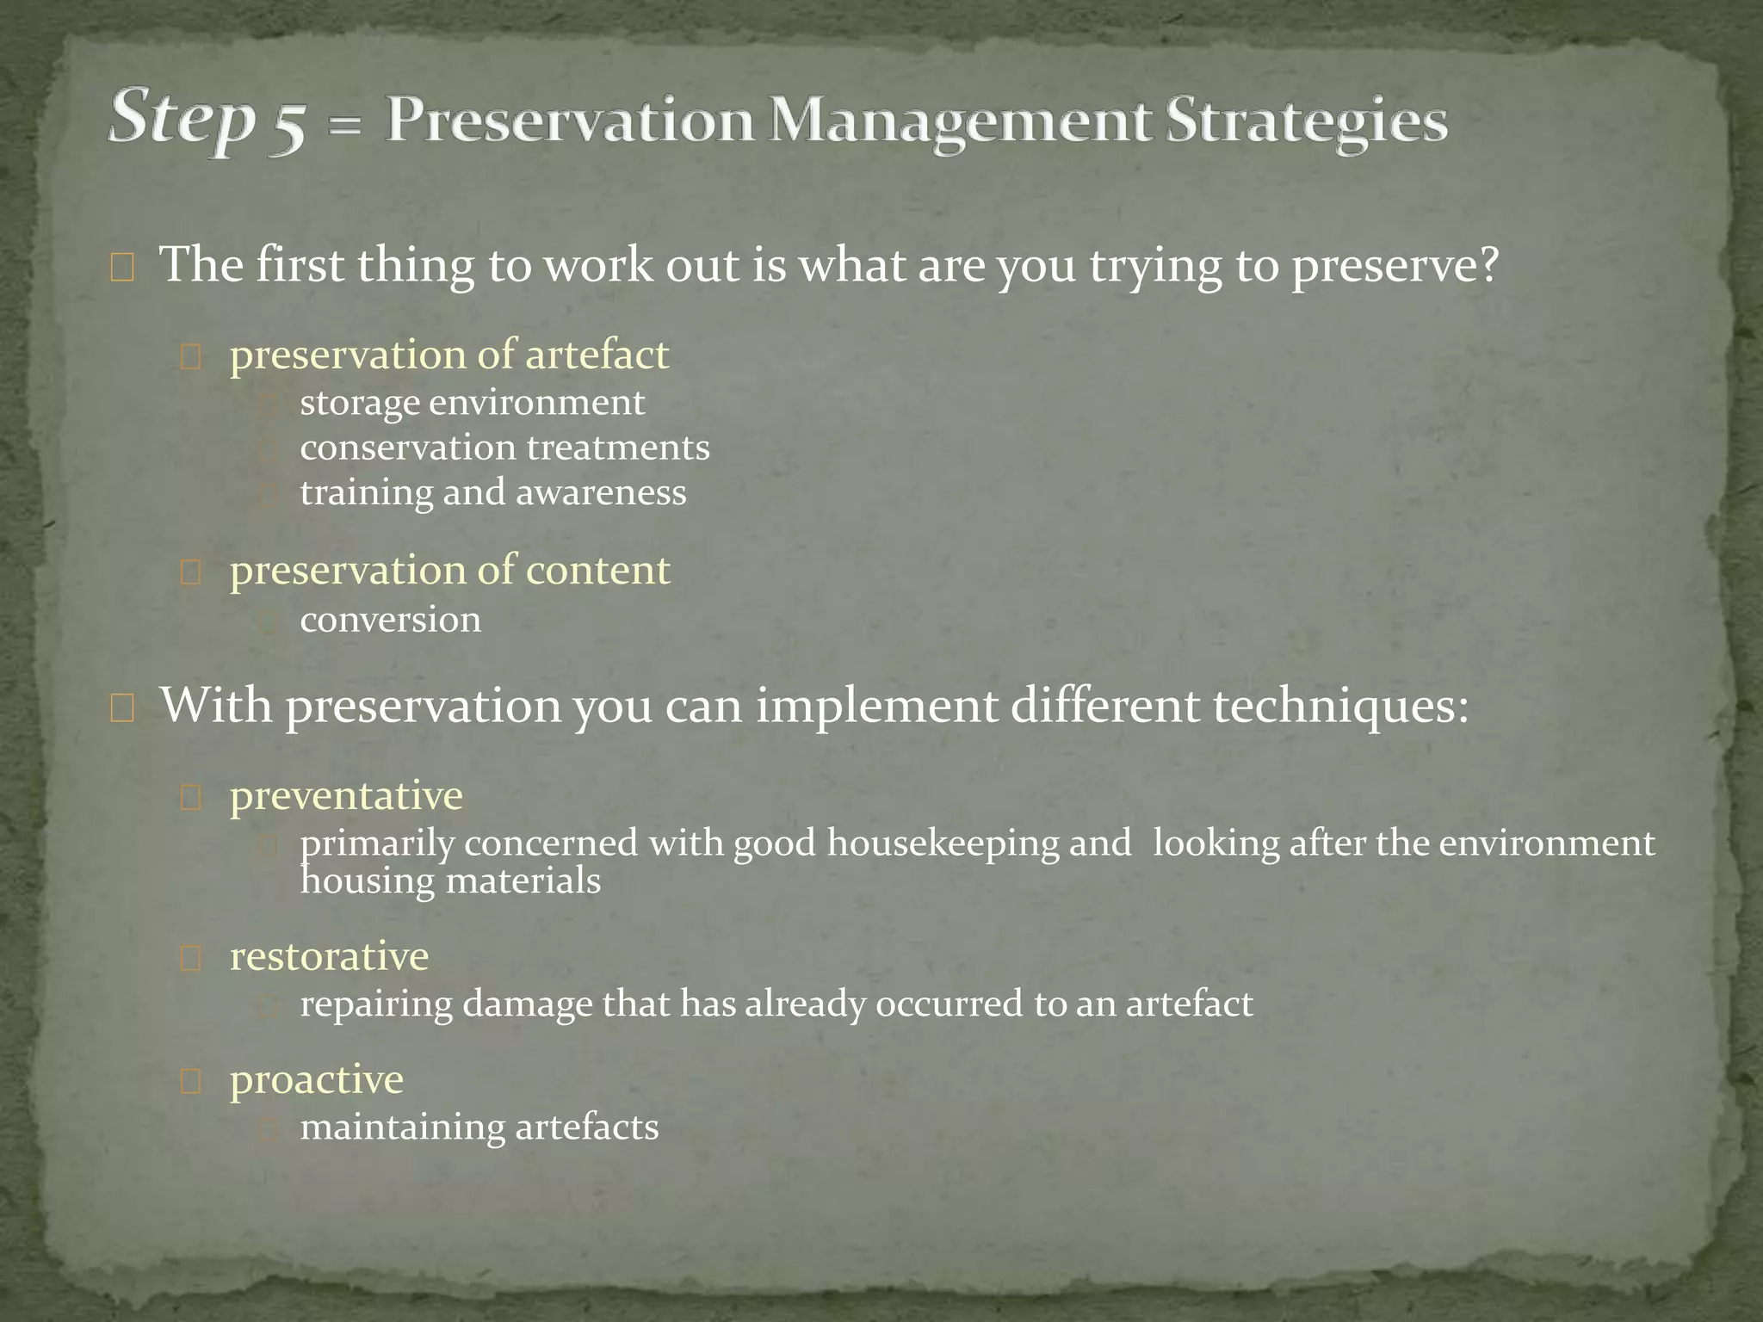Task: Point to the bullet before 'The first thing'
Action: [x=121, y=269]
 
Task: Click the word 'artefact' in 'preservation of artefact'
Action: [x=597, y=355]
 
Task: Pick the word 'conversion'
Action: [x=391, y=620]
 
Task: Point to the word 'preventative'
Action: [x=346, y=795]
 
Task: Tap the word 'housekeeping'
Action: [x=943, y=843]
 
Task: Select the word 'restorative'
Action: [x=329, y=956]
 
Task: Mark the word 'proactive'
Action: [x=316, y=1079]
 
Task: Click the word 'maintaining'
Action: [x=401, y=1127]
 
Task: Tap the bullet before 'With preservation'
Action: [x=121, y=709]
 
